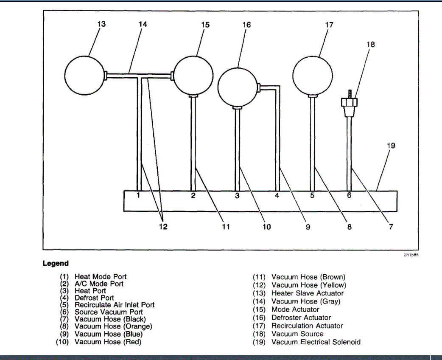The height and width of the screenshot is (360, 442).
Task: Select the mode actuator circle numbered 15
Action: [193, 75]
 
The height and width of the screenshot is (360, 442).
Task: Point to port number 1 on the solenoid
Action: [139, 196]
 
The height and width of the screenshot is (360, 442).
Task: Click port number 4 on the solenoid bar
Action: [277, 196]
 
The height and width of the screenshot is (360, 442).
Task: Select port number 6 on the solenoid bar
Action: [349, 196]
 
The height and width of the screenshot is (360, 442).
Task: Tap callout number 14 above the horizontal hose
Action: [143, 25]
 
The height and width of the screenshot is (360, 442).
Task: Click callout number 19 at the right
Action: [391, 146]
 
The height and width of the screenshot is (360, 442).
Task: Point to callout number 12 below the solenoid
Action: [163, 227]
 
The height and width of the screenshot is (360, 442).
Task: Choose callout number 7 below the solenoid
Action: [391, 227]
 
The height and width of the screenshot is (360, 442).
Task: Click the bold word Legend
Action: [56, 264]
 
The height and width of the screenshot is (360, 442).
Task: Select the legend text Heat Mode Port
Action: [101, 277]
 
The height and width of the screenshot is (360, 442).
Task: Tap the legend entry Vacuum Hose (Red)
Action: [108, 342]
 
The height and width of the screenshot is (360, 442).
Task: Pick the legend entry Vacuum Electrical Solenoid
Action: [316, 342]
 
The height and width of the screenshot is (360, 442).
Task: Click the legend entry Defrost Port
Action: [94, 298]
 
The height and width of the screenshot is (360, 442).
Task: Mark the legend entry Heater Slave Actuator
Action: [308, 293]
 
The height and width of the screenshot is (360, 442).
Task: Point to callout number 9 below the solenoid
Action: [308, 227]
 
